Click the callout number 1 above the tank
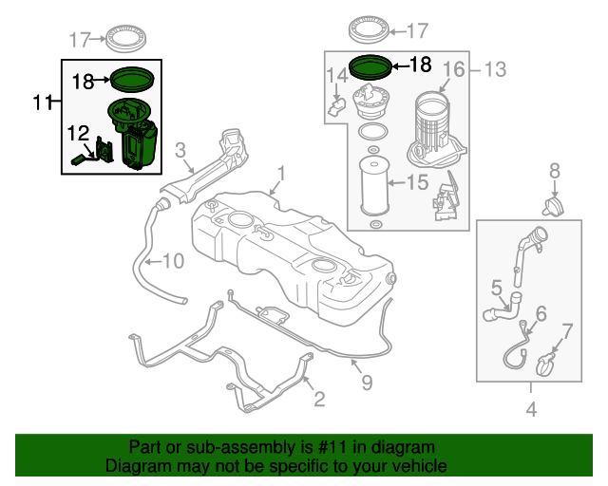(281, 174)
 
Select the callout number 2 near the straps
(319, 399)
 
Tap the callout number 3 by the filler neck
(180, 148)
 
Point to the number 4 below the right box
(531, 410)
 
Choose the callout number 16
(454, 69)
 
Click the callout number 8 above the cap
(556, 171)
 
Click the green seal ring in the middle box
(371, 66)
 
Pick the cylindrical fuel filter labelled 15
(374, 187)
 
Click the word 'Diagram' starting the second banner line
(137, 466)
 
